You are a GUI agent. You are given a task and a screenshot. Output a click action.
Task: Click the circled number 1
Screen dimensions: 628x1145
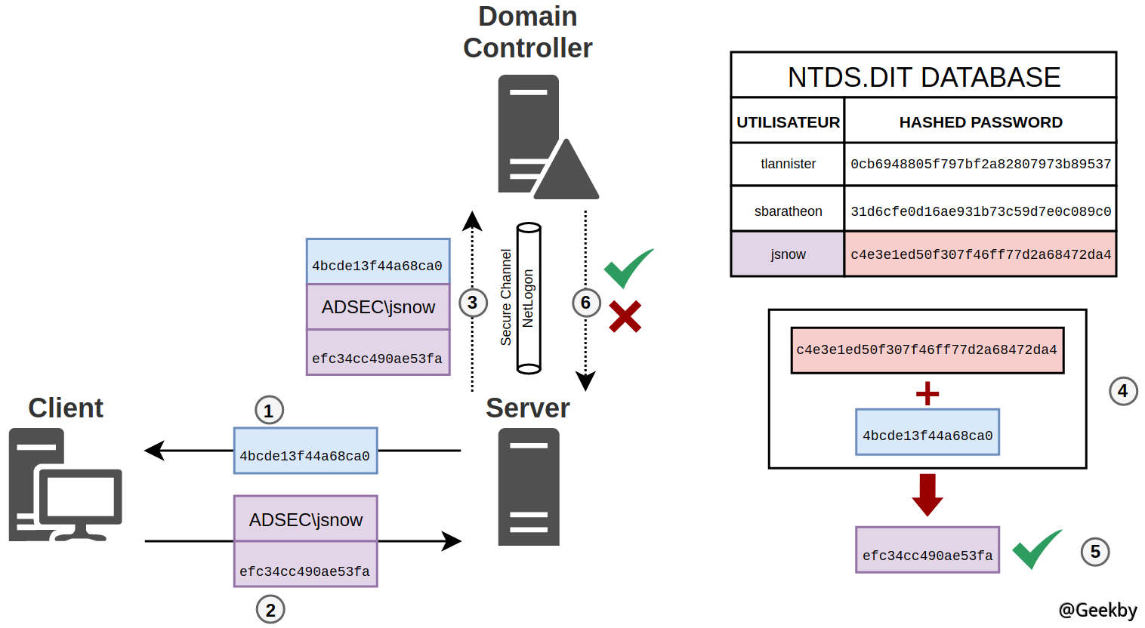(x=269, y=411)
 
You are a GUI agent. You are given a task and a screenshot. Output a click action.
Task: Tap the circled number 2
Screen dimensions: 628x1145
(x=270, y=609)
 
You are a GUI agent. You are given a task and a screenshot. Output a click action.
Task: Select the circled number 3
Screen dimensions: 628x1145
(x=473, y=303)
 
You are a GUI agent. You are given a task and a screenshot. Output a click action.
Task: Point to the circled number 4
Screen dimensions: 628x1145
(x=1122, y=391)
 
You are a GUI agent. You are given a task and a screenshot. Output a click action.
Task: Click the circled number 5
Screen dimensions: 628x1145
(x=1095, y=552)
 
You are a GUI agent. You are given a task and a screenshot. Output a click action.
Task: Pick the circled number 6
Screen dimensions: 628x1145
(x=585, y=303)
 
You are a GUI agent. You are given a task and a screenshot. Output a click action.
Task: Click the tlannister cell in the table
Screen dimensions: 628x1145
(x=788, y=164)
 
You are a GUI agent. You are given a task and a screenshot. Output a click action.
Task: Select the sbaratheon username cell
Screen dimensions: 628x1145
(x=788, y=211)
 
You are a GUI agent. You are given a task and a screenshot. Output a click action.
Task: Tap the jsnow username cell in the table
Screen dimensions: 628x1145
(x=788, y=254)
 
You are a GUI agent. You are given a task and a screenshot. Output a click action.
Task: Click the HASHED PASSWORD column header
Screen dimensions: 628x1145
(x=980, y=122)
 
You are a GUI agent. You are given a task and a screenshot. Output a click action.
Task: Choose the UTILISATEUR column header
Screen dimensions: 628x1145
(x=788, y=122)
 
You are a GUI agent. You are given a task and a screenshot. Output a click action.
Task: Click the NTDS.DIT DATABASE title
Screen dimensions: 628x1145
(x=924, y=77)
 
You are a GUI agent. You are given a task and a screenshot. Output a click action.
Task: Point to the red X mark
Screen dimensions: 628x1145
(x=625, y=317)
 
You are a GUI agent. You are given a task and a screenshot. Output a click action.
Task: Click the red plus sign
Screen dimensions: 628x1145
(x=927, y=393)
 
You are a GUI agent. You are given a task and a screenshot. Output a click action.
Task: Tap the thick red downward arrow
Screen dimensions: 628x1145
(x=927, y=494)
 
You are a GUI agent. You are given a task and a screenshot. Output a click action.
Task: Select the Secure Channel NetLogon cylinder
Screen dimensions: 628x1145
(x=529, y=298)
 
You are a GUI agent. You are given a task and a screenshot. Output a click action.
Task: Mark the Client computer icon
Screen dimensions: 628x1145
(x=64, y=485)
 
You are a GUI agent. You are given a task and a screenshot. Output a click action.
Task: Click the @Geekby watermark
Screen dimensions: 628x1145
(x=1097, y=610)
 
